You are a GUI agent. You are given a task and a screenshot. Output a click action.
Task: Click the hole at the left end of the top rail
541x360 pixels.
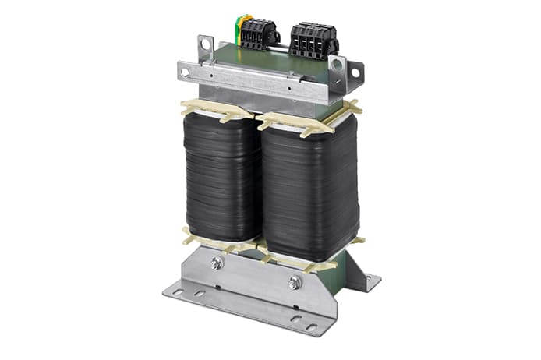coord(186,72)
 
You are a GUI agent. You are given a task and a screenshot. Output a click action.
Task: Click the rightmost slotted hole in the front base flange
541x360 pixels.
coord(312,326)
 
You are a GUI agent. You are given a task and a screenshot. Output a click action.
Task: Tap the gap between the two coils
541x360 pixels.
coord(259,187)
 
